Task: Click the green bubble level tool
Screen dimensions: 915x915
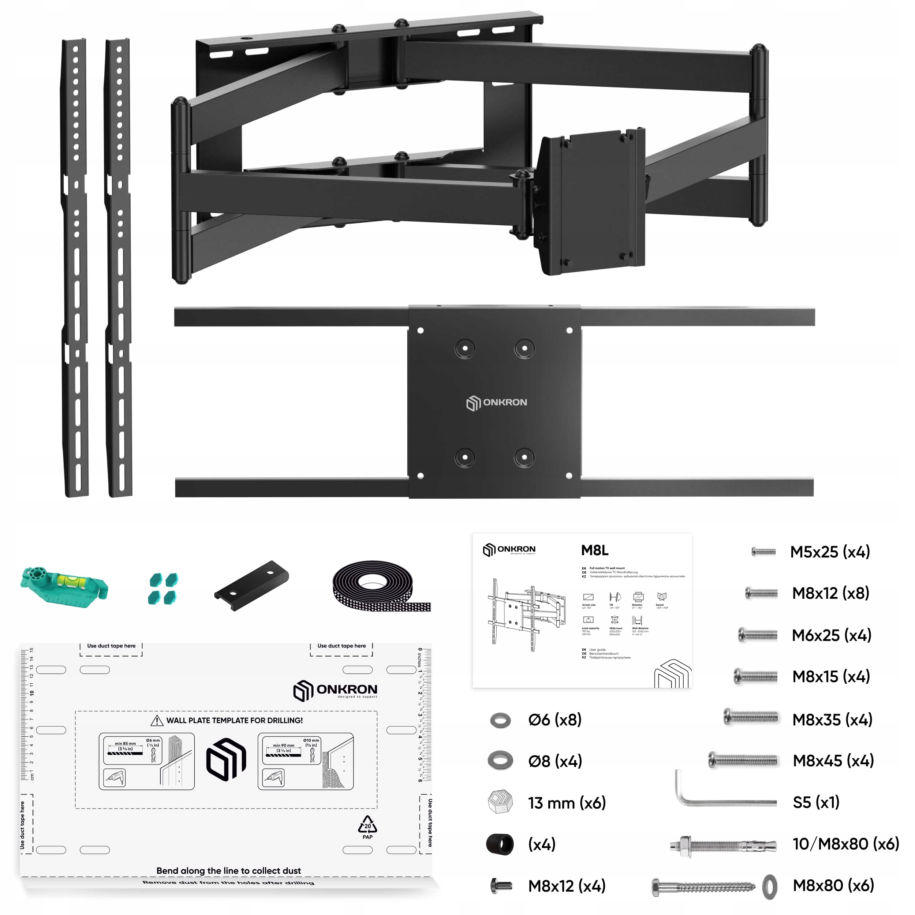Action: [64, 587]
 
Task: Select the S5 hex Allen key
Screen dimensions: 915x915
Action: [725, 800]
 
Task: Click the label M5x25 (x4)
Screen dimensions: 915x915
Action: [830, 552]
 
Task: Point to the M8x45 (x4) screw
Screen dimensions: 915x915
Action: [743, 761]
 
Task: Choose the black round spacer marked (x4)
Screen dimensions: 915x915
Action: [500, 844]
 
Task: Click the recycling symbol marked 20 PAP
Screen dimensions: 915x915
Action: [367, 826]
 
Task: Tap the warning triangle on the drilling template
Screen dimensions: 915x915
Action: [157, 720]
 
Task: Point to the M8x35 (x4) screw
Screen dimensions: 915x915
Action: [751, 717]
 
